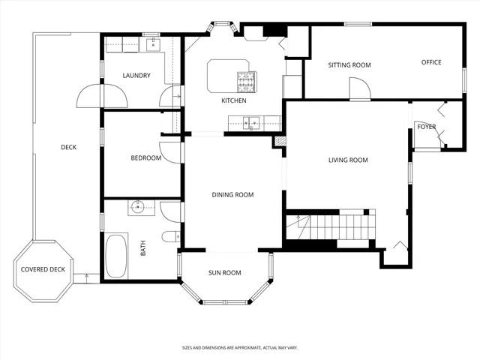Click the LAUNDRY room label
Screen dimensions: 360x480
click(136, 76)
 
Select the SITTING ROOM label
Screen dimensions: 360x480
click(349, 65)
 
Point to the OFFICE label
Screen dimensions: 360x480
click(430, 62)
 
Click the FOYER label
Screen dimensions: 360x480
click(426, 127)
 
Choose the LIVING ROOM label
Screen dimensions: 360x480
click(348, 160)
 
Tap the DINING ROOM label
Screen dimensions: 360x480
click(232, 195)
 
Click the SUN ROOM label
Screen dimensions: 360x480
click(225, 273)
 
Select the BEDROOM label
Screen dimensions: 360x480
click(146, 158)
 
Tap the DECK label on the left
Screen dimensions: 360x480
click(69, 148)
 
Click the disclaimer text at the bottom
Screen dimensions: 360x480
click(239, 348)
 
